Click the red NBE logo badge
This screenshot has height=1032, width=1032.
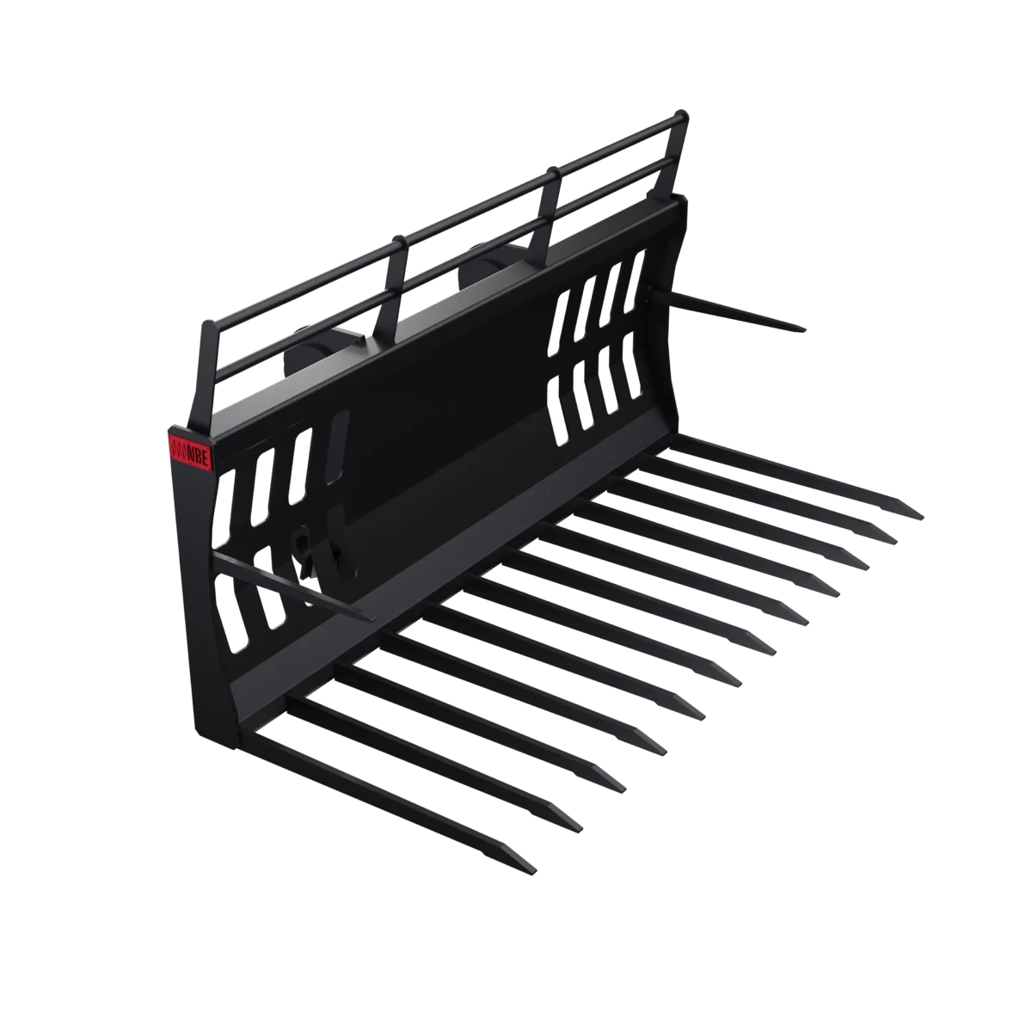[190, 446]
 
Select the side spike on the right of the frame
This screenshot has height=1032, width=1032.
[740, 310]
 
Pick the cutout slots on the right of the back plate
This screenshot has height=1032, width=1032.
[602, 344]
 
